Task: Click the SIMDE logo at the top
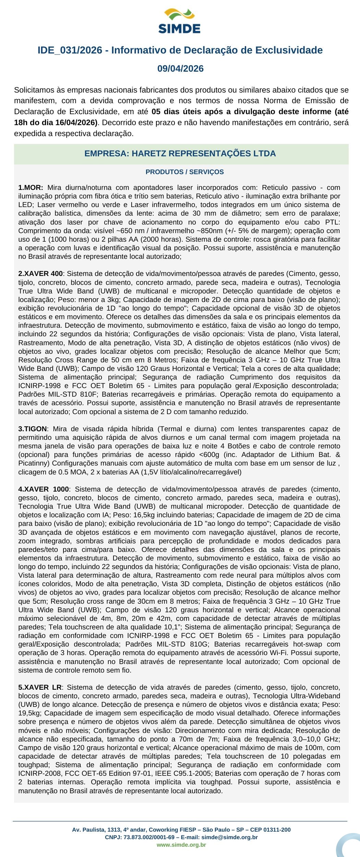tap(180, 22)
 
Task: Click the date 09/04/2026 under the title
tap(180, 69)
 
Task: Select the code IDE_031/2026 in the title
tap(70, 50)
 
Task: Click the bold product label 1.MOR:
tap(31, 188)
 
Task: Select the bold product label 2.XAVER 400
tap(40, 274)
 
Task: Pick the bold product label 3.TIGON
tap(33, 429)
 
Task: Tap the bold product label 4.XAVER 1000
tap(44, 489)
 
